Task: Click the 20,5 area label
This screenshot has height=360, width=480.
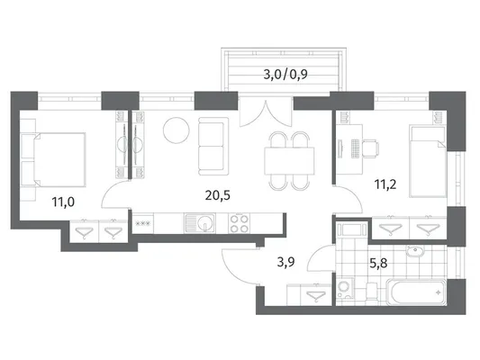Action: (217, 195)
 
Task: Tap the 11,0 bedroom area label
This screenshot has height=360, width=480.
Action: (63, 202)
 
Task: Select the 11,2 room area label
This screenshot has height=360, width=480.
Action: (385, 184)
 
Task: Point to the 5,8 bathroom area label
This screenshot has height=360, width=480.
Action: (378, 263)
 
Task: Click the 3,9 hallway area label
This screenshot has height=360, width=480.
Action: (285, 262)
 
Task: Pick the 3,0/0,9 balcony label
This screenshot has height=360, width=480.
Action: (285, 75)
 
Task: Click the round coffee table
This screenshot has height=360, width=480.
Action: (176, 130)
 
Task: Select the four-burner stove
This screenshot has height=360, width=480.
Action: (239, 223)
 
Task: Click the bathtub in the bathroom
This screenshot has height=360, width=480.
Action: (415, 292)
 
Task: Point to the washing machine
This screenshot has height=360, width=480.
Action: (345, 288)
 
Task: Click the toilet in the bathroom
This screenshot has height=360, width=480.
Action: (371, 291)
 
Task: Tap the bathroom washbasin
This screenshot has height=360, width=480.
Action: (414, 252)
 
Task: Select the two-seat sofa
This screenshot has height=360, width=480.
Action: (213, 146)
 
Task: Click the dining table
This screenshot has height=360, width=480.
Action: (290, 161)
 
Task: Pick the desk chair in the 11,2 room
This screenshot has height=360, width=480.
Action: (370, 148)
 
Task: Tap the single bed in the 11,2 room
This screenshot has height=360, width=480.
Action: (428, 162)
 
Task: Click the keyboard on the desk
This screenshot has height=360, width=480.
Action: (355, 148)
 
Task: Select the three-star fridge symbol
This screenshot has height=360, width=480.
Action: (142, 223)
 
